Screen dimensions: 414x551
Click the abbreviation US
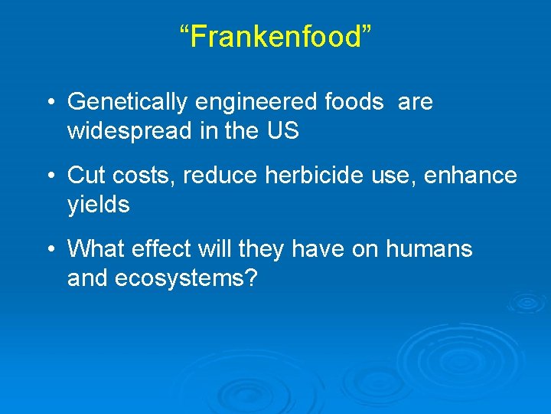(x=282, y=131)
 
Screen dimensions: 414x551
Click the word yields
(x=99, y=205)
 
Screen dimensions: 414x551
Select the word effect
(x=158, y=249)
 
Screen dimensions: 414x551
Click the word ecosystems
(x=187, y=279)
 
